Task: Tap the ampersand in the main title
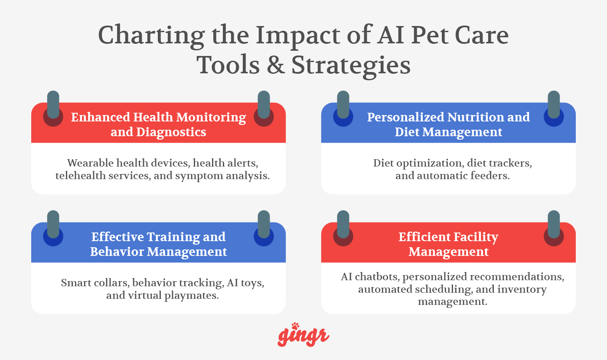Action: [272, 65]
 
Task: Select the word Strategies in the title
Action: [351, 65]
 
